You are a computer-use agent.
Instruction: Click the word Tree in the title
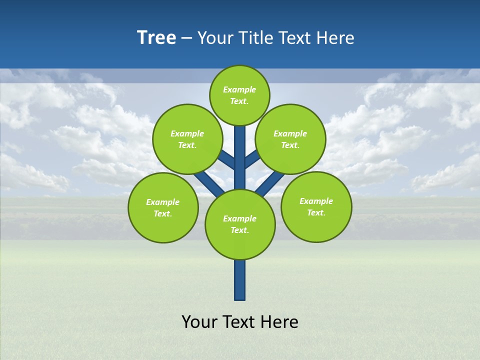coord(156,38)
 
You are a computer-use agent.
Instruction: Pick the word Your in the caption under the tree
coord(199,322)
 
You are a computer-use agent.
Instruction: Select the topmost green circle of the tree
coord(239,95)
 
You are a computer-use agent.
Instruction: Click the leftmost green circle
coord(163,207)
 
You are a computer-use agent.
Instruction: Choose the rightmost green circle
coord(316,207)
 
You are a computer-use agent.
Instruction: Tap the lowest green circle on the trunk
coord(240,224)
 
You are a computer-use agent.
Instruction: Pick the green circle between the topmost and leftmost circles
coord(187,139)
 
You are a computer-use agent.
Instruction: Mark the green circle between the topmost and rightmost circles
coord(290,139)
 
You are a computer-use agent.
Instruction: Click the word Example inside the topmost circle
coord(239,89)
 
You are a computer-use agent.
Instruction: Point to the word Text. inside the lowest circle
coord(239,230)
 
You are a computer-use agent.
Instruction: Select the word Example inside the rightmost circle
coord(316,201)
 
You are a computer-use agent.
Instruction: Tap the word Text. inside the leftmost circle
coord(162,214)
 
